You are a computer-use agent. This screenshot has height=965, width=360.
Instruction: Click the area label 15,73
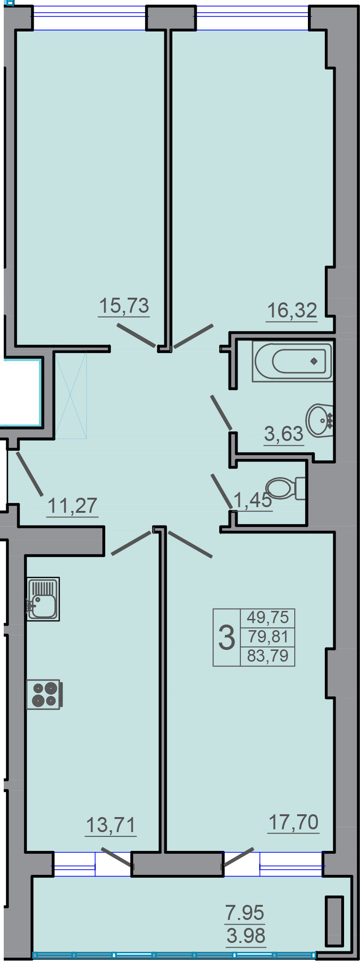click(124, 306)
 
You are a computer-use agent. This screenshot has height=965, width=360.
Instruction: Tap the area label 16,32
click(292, 310)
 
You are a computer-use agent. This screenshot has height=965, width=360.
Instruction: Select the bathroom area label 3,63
click(284, 434)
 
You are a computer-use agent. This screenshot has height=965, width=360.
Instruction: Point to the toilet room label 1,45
click(253, 500)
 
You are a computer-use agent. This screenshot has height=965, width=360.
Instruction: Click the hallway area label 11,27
click(73, 506)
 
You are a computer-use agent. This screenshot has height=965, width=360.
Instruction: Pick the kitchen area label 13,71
click(111, 825)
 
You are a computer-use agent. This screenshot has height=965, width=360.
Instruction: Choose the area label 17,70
click(294, 822)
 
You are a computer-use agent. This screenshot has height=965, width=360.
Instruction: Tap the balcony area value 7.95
click(245, 912)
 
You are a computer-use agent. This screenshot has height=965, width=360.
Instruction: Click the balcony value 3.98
click(246, 935)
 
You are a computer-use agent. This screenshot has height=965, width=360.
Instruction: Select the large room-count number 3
click(227, 638)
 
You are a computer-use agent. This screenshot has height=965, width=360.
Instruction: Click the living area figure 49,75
click(268, 617)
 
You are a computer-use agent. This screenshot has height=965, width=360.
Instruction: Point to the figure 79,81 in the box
click(268, 637)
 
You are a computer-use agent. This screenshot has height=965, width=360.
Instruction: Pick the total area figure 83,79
click(268, 656)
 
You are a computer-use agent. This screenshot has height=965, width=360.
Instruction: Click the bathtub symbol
click(292, 362)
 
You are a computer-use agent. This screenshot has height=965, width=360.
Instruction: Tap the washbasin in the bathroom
click(320, 419)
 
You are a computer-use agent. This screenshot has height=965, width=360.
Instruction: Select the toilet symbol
click(286, 488)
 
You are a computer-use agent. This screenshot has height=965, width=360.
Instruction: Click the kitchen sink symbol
click(43, 599)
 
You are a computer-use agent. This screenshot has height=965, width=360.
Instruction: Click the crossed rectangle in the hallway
click(71, 395)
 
